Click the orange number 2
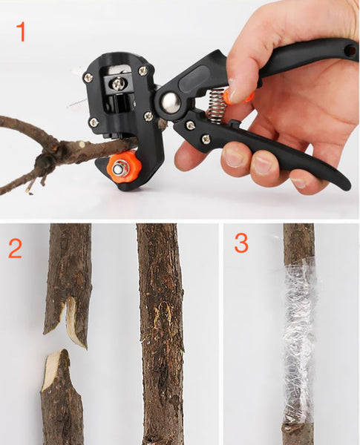pos(16,246)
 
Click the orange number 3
pos(241,243)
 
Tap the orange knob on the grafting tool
pos(120,168)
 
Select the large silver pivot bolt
pos(171,102)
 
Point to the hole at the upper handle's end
pos(348,50)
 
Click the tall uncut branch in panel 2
pos(160,334)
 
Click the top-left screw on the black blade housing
pos(88,78)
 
